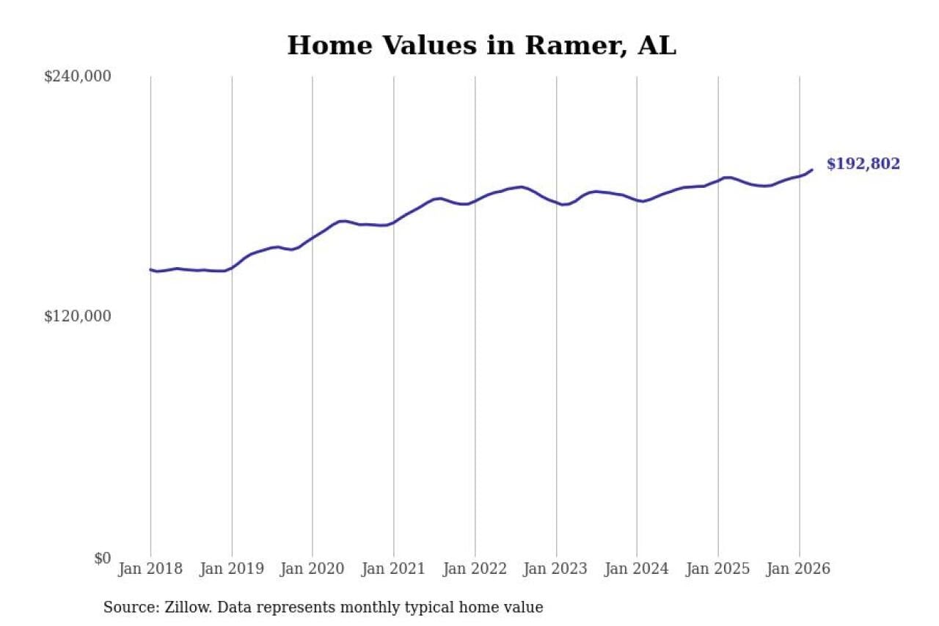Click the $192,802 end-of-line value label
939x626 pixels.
[x=863, y=164]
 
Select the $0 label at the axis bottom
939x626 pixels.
[x=102, y=558]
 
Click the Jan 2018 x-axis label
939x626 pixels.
[x=150, y=569]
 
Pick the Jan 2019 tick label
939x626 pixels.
[x=232, y=569]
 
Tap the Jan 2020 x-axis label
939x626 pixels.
[x=313, y=569]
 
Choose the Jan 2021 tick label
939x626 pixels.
[x=394, y=569]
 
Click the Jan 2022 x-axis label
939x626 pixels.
[x=475, y=569]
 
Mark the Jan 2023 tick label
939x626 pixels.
[x=556, y=569]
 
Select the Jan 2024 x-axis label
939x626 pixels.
[x=637, y=569]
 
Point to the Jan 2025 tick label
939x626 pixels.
[x=718, y=569]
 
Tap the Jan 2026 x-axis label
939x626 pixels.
[x=799, y=569]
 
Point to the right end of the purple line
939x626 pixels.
[x=812, y=170]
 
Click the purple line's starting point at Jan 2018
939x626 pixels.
[x=151, y=270]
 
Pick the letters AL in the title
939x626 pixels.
[x=657, y=46]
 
